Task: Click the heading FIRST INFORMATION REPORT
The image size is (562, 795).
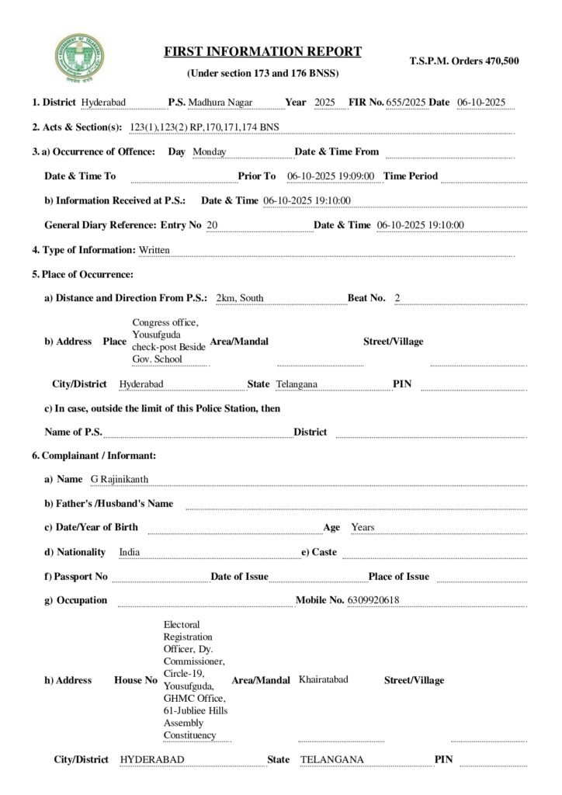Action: click(x=263, y=52)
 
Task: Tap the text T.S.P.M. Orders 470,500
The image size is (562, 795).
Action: click(x=464, y=60)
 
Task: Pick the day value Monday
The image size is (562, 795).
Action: click(x=209, y=151)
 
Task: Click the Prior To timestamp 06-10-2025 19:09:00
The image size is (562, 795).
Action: click(x=331, y=176)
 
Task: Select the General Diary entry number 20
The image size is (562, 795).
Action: click(x=212, y=225)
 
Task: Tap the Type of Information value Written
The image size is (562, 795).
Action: click(x=154, y=250)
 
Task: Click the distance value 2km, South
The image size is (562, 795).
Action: click(x=240, y=298)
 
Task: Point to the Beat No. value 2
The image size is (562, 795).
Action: click(x=397, y=298)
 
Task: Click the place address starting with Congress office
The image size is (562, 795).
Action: click(x=168, y=341)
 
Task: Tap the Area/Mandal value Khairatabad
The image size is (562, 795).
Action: click(x=323, y=679)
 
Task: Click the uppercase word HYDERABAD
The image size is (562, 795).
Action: click(x=152, y=759)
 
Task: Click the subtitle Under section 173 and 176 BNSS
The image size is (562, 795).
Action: click(x=263, y=73)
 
